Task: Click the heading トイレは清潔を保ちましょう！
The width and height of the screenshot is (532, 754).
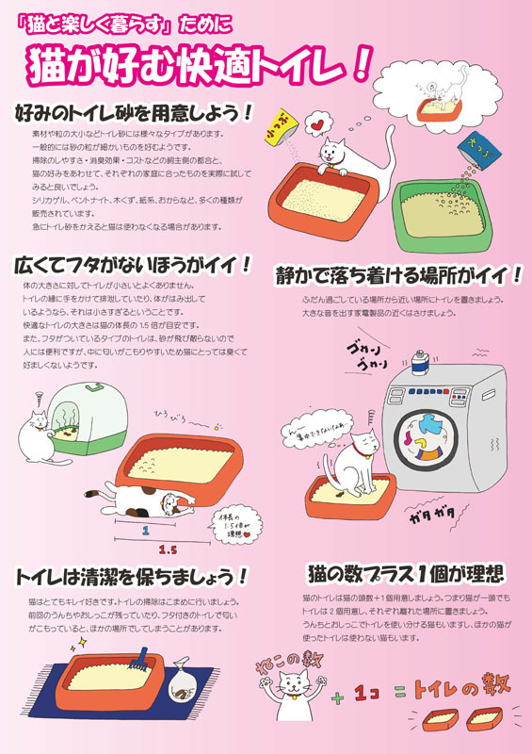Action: click(131, 575)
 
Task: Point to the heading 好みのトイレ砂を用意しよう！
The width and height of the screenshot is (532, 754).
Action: click(133, 112)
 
